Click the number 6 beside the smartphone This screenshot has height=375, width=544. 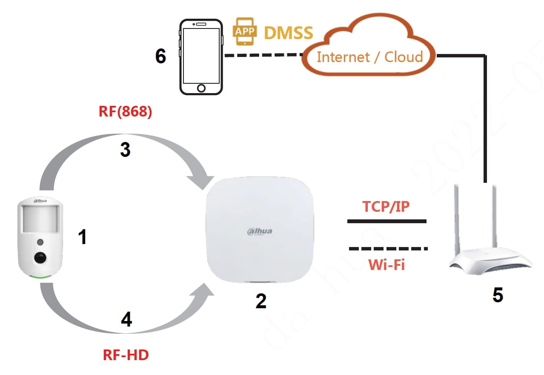tap(160, 56)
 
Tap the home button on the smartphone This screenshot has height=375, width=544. tap(201, 88)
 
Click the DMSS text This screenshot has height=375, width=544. tap(289, 33)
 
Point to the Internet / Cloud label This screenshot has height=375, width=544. tap(369, 57)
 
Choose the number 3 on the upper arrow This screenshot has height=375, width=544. tap(125, 150)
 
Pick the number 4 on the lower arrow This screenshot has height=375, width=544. tap(126, 320)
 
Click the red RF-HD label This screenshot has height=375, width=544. tap(126, 355)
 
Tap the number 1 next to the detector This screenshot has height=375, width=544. tap(83, 236)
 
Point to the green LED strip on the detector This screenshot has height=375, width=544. tap(40, 277)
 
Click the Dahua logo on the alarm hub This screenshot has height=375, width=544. tap(259, 231)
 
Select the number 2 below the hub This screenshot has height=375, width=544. tap(261, 301)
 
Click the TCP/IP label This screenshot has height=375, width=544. tap(386, 206)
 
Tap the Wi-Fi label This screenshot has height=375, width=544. tap(386, 264)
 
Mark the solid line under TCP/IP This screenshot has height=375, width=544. tap(386, 221)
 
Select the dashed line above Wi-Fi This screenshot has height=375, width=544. tap(387, 248)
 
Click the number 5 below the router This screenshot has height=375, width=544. tap(498, 295)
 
